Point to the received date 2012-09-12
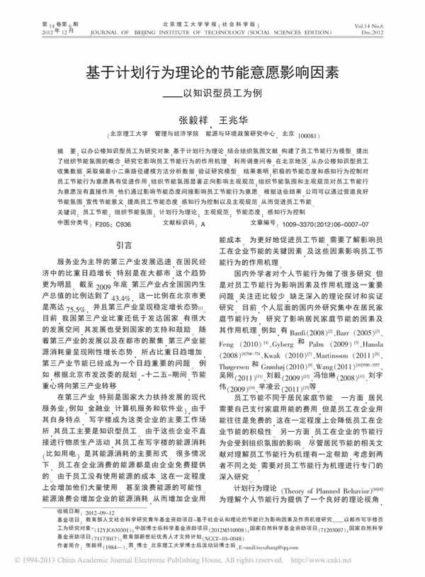pos(102,510)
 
